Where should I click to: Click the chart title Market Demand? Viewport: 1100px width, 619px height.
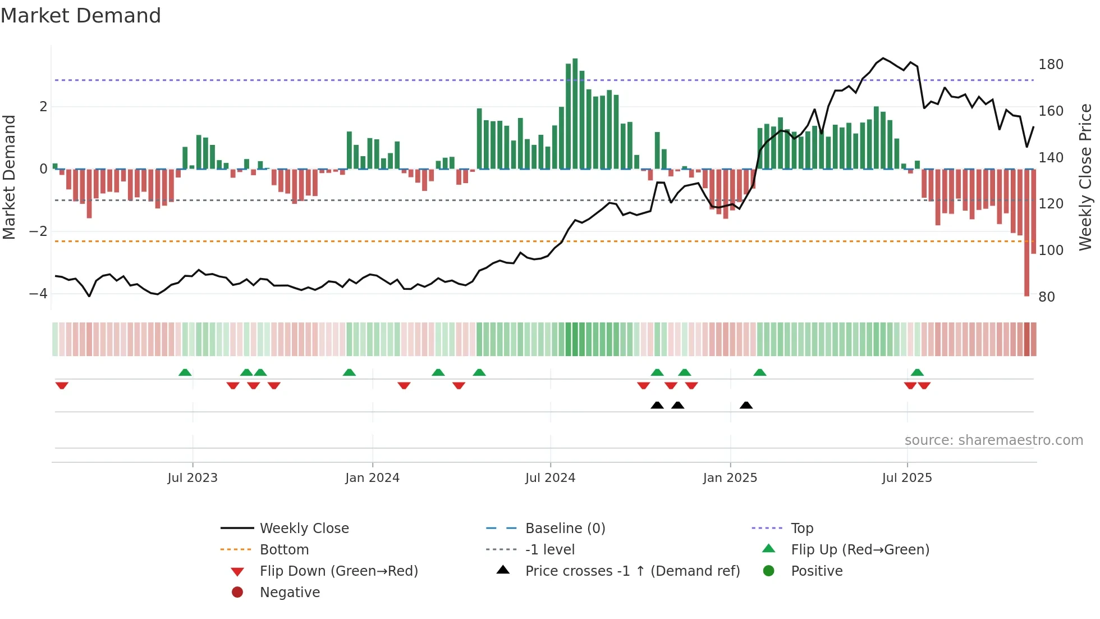81,16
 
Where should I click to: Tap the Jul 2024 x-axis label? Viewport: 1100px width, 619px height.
550,478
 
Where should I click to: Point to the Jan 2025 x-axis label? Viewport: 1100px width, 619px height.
730,478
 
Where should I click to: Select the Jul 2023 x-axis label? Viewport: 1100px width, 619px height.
192,478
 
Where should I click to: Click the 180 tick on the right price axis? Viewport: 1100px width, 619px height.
1051,65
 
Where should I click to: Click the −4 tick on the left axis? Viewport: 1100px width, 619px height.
38,294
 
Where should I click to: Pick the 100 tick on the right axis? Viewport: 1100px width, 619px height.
1051,251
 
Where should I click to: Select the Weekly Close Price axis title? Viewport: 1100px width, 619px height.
1085,177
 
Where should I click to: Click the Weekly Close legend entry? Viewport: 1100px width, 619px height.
304,529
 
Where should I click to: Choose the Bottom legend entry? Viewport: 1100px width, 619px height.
284,550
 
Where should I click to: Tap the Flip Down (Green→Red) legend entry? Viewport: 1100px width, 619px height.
338,571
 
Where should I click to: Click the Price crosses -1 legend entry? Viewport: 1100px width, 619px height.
632,571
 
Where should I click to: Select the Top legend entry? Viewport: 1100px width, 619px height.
801,529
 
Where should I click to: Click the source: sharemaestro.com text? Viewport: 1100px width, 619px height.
993,440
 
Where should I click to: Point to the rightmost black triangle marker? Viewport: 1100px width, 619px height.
746,406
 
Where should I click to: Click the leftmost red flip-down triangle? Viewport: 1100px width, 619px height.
62,385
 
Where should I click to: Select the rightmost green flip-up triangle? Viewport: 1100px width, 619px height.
917,372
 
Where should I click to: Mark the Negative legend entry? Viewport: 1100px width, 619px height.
289,593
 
